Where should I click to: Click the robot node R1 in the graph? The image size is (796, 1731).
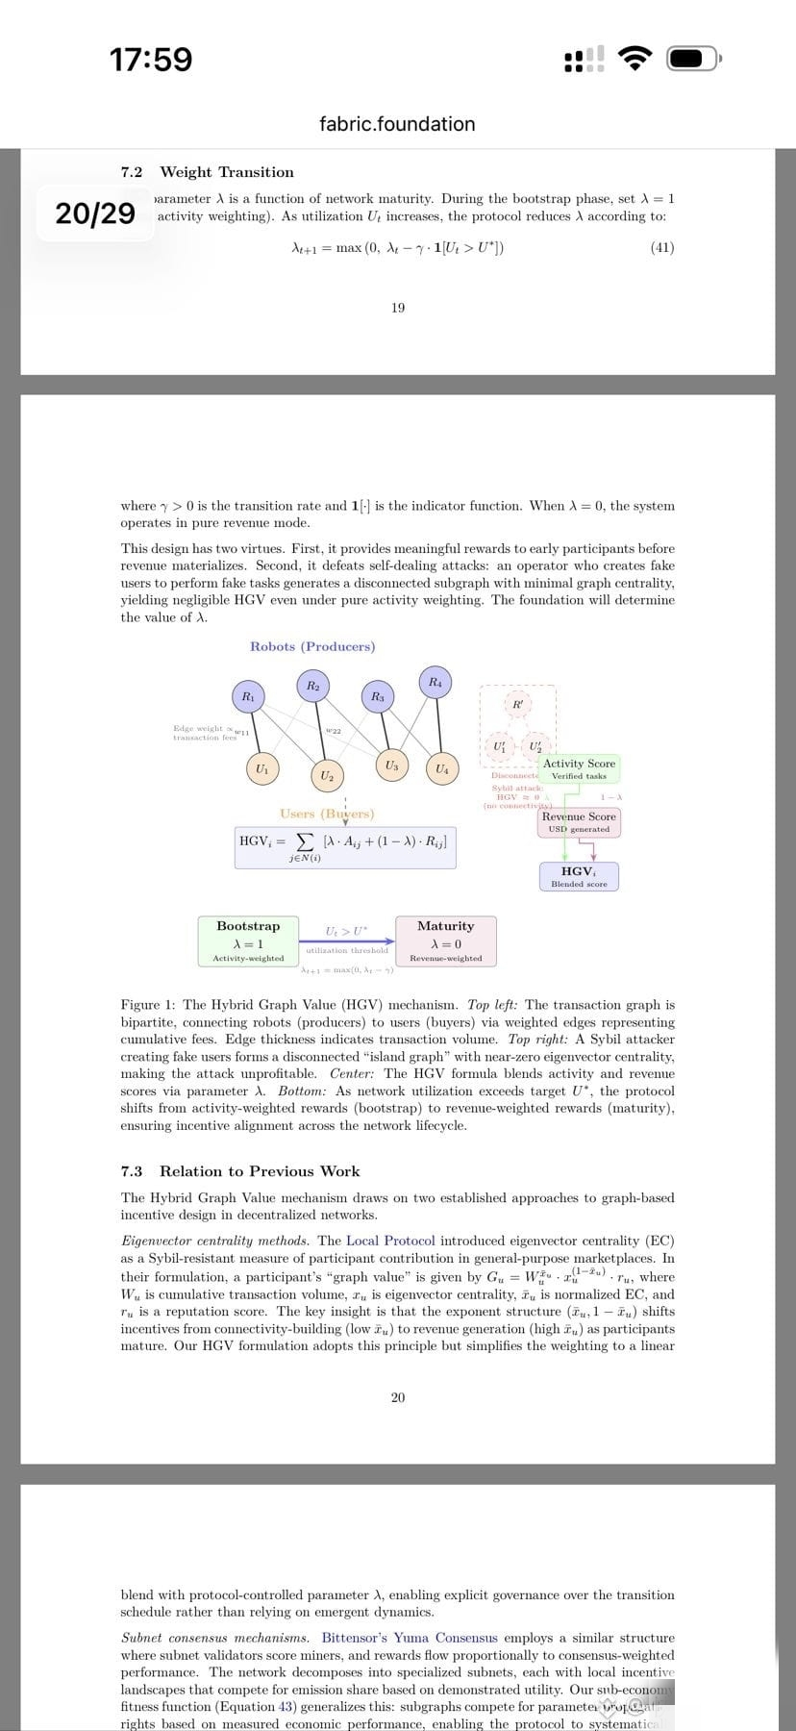(247, 695)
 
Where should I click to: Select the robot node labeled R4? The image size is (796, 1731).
(435, 682)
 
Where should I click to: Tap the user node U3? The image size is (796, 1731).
(391, 765)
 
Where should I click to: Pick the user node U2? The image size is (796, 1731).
(327, 775)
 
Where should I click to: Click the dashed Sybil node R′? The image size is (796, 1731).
(518, 704)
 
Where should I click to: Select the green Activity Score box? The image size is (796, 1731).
(579, 768)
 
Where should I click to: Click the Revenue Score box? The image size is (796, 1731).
(579, 822)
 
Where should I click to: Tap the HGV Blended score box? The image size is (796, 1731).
(579, 876)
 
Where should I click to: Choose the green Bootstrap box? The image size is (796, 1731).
(248, 941)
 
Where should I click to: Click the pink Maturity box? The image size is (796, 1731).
(445, 941)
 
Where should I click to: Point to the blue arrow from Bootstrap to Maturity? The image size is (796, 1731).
(347, 941)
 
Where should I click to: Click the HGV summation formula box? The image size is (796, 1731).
(345, 846)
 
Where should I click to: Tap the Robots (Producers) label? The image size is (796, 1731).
(312, 646)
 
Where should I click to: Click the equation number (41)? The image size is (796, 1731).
(662, 247)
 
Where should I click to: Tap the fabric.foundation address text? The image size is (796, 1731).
(397, 124)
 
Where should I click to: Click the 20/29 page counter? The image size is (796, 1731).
(95, 213)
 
